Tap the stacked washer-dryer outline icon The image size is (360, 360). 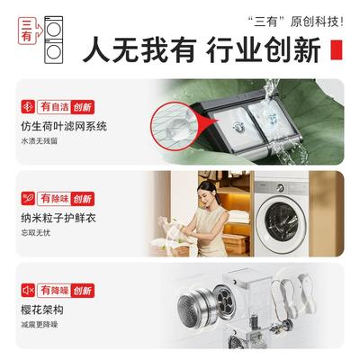coord(54,40)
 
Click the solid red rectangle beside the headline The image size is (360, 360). coord(337,49)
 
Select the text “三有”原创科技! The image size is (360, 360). coord(296,22)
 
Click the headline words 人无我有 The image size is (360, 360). coord(139,49)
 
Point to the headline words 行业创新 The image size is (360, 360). coord(264,49)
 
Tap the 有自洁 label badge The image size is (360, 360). coord(66,107)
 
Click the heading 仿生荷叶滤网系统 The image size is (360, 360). coord(64,126)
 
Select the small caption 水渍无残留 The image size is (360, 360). coord(40,141)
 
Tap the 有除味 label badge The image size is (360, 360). coord(66,199)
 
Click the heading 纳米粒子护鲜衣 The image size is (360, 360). coord(58,218)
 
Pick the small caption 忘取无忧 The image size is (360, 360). coord(36,232)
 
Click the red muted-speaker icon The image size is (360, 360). coord(28,290)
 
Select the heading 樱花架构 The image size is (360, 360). coord(42,310)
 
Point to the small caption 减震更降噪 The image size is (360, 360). coord(40,324)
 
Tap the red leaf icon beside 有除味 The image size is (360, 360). coord(28,199)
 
